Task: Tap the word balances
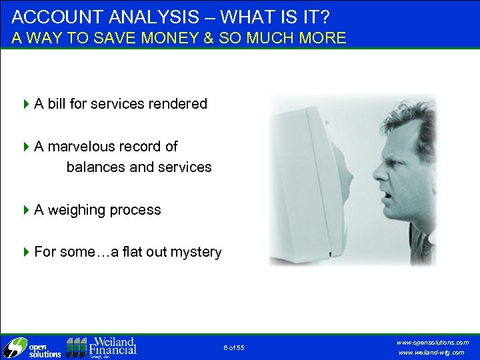point(96,167)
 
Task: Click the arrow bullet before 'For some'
point(27,252)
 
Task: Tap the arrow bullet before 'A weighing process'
point(27,210)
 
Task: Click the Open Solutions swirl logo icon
point(13,347)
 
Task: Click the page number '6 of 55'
point(234,348)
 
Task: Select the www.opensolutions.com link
point(433,342)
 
